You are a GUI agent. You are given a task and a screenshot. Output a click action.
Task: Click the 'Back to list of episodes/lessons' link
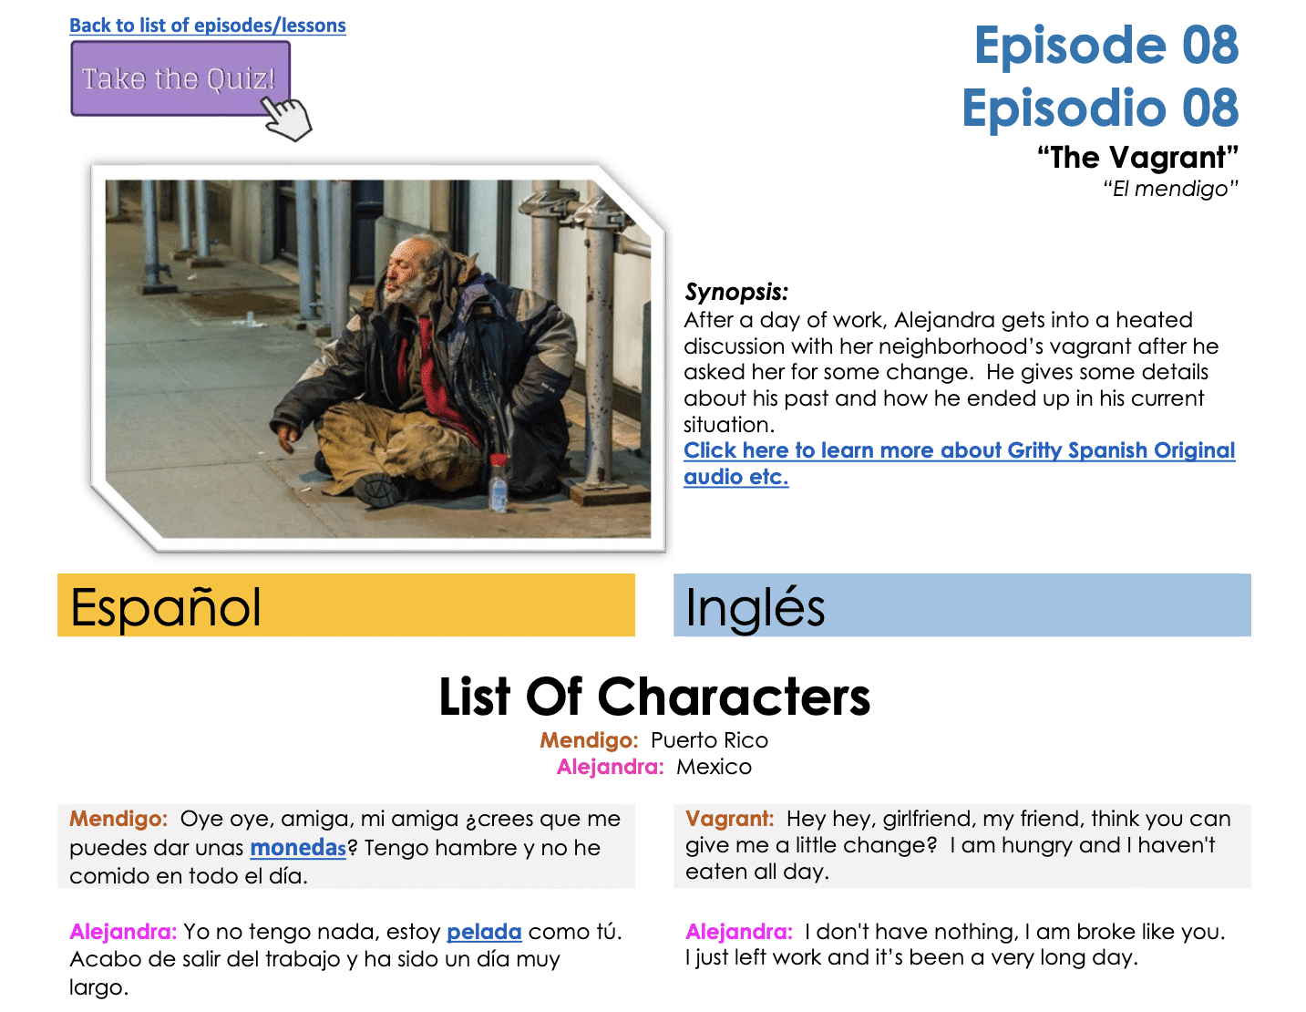point(207,26)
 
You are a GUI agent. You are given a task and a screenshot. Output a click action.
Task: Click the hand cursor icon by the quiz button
point(287,119)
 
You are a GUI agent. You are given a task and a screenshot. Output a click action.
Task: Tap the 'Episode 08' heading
point(1105,46)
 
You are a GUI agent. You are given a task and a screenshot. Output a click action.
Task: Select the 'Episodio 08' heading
point(1099,108)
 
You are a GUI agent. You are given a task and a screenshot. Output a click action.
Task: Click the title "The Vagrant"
point(1137,158)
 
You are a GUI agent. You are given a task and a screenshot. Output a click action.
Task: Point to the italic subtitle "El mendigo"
point(1170,189)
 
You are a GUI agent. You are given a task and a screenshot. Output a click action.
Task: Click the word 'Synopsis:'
point(735,292)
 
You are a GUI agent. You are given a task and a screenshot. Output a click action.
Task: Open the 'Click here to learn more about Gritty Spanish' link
point(959,450)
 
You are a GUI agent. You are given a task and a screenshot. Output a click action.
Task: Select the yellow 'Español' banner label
point(166,607)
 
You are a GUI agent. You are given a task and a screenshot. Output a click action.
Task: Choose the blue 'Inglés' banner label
point(755,608)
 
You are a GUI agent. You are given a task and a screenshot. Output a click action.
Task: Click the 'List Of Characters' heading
point(653,697)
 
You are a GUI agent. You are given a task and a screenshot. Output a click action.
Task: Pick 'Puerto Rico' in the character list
point(709,740)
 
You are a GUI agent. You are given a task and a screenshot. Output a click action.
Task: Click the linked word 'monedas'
point(298,848)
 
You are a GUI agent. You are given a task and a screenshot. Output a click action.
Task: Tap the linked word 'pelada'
point(484,932)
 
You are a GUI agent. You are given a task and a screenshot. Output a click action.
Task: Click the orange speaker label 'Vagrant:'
point(729,819)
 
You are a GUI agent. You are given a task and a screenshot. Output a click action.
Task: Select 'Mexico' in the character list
point(714,767)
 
